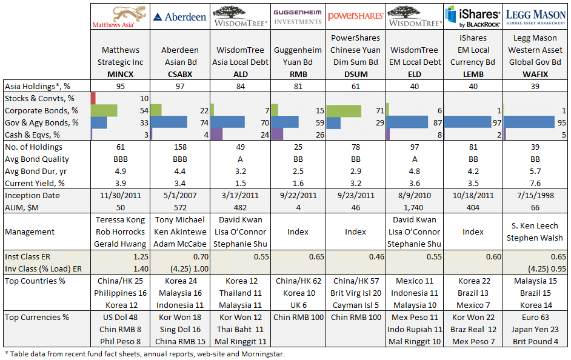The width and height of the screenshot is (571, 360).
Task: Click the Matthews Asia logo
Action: (120, 17)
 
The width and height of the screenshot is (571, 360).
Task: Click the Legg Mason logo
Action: (535, 17)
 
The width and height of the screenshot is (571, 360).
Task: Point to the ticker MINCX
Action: (120, 73)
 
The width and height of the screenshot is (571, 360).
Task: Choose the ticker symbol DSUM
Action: (355, 73)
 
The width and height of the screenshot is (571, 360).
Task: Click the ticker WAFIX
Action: (535, 73)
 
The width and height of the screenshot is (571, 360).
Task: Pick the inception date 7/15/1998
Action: (535, 196)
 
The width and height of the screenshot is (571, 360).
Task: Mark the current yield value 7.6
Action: (535, 183)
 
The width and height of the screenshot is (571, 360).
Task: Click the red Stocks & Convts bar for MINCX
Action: (93, 98)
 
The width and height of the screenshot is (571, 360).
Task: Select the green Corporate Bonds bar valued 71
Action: (343, 110)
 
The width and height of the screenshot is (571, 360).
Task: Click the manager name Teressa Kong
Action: (120, 220)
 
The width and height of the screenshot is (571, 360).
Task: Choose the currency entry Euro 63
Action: (535, 317)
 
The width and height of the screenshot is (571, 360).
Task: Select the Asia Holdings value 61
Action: (355, 85)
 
